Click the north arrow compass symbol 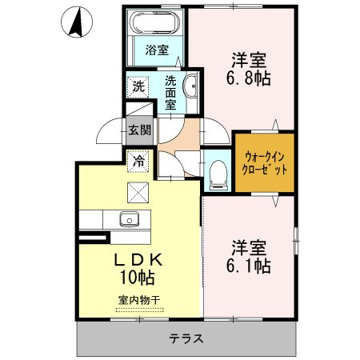point(77,22)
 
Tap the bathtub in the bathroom point(156,22)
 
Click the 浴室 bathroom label point(157,50)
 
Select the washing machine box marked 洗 point(138,86)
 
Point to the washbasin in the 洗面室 point(190,86)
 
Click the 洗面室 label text point(170,93)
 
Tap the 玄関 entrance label point(140,130)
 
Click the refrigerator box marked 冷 point(138,162)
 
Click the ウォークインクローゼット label point(265,162)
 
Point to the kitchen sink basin point(130,219)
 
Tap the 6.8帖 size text point(249,78)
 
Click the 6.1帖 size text point(249,266)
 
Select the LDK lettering point(138,260)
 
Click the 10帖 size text point(138,278)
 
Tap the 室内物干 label point(139,300)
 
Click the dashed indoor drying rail point(140,310)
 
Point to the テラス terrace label point(186,338)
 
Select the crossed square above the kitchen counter point(138,193)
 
